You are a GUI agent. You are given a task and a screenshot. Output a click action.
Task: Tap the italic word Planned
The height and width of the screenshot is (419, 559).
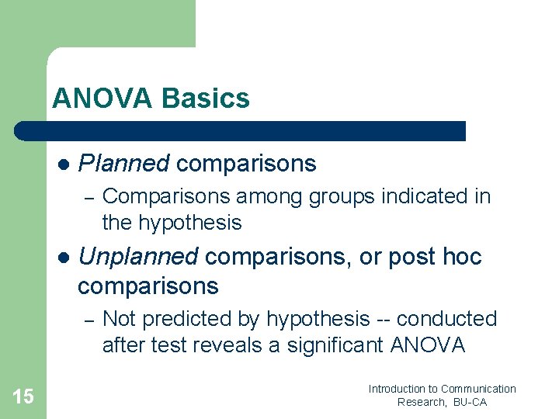pyautogui.click(x=124, y=164)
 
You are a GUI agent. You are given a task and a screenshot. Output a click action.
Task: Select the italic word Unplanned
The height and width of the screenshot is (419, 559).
pyautogui.click(x=139, y=257)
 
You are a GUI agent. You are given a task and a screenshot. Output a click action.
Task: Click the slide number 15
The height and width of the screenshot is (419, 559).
pyautogui.click(x=23, y=396)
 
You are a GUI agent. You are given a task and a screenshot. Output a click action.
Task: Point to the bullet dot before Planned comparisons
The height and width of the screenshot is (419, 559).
pyautogui.click(x=64, y=164)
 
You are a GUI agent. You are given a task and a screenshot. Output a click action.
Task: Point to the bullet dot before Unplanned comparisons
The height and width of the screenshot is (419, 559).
pyautogui.click(x=64, y=258)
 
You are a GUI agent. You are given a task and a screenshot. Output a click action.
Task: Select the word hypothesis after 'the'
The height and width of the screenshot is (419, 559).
pyautogui.click(x=190, y=223)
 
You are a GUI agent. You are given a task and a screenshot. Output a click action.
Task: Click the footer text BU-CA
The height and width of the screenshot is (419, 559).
pyautogui.click(x=470, y=403)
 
